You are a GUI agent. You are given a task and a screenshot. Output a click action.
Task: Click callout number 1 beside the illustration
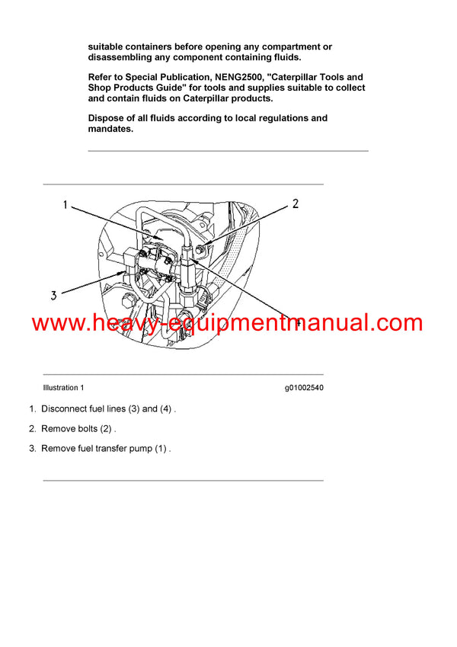tap(66, 205)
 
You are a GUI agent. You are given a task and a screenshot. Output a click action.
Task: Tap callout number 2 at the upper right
tap(296, 203)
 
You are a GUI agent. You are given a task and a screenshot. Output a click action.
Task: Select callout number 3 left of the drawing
tap(54, 296)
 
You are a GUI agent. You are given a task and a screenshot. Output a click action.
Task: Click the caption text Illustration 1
tap(64, 388)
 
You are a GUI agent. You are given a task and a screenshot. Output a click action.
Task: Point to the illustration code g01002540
tap(304, 388)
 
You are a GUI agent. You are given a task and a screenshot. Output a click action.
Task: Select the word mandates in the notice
tap(110, 129)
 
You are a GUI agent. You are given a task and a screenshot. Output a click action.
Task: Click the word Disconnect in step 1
tap(67, 408)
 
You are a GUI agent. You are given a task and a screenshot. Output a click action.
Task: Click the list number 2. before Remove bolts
tap(33, 428)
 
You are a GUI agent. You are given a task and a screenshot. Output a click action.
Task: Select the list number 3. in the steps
tap(33, 448)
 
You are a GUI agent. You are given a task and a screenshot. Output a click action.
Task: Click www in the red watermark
tap(57, 323)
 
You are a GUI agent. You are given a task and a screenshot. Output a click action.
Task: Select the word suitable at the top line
tap(110, 46)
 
